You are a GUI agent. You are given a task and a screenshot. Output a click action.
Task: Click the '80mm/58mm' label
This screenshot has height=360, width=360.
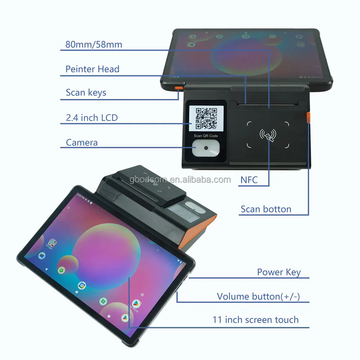(94, 45)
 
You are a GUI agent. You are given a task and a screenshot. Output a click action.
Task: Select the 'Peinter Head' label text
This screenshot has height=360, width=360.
(92, 69)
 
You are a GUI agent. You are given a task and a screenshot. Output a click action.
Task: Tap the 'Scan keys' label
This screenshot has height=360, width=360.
(86, 93)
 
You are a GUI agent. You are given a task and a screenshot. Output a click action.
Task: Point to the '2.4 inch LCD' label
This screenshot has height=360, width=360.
(91, 117)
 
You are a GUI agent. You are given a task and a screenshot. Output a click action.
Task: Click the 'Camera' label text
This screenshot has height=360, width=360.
(82, 143)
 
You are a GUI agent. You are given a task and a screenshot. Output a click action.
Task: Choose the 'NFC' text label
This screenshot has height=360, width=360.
(249, 179)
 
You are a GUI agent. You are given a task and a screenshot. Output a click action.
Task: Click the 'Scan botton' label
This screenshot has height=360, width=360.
(266, 209)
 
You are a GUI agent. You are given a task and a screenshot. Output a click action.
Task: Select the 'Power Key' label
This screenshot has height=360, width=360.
(279, 272)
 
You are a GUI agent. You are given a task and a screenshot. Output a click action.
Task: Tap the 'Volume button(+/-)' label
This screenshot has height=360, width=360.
(258, 297)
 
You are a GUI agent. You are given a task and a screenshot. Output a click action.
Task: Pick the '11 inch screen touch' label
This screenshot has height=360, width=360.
(255, 320)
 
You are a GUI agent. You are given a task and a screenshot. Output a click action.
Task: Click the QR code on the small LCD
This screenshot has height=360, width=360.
(206, 118)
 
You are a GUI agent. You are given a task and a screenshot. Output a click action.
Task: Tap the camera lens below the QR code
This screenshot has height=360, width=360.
(206, 148)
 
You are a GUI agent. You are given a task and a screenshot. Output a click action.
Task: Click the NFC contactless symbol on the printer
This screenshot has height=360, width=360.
(268, 135)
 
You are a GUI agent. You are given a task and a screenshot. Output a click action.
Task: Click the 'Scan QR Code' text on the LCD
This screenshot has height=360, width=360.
(206, 136)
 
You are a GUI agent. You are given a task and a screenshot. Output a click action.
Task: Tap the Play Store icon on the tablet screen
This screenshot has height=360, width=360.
(136, 303)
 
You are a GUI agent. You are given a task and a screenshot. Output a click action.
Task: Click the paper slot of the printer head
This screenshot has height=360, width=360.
(268, 104)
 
